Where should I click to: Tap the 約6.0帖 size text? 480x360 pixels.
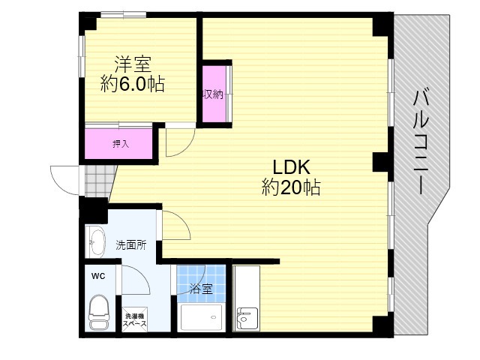pos(133,83)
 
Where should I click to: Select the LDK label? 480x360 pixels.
pos(291,167)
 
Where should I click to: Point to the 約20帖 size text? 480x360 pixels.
pos(291,187)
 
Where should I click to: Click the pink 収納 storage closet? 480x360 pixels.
pos(214,94)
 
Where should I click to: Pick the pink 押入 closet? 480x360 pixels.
pos(118,143)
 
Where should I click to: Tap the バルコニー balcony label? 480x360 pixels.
pos(421,142)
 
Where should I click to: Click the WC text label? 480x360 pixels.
pos(98,277)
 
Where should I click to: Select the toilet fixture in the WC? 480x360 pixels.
pos(98,312)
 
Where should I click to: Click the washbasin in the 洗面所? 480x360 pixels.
pos(95,241)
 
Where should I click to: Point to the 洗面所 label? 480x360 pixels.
pos(131,245)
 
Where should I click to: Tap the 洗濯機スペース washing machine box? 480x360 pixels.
pos(135,319)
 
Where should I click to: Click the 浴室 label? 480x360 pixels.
pos(201,289)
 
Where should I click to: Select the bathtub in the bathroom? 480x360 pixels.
pos(201,317)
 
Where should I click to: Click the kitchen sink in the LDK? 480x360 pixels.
pos(247,319)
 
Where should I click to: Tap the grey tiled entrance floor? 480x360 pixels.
pos(98,181)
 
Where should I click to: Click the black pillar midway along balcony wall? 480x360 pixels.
pos(380,162)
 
